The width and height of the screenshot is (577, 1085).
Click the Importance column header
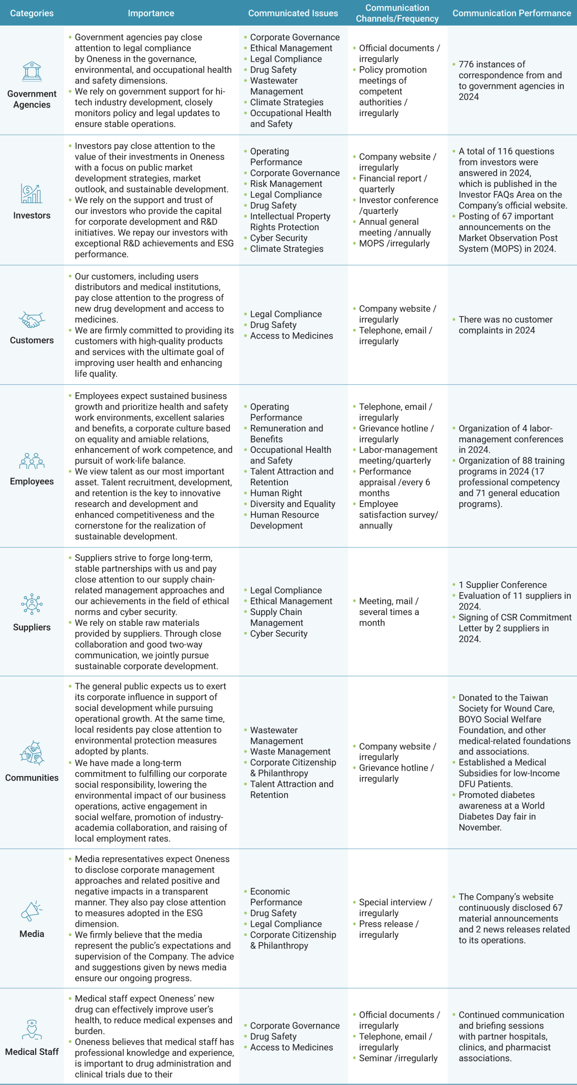[x=151, y=13]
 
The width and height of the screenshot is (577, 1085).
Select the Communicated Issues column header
[x=293, y=13]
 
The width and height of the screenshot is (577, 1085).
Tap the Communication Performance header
[x=511, y=13]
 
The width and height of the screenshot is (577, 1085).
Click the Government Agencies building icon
[x=32, y=72]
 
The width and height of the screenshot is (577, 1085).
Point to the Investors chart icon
[x=32, y=194]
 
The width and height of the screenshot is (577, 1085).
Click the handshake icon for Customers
[x=32, y=320]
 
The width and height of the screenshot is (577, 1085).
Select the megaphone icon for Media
[x=32, y=911]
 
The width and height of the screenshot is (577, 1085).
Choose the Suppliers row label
[x=32, y=627]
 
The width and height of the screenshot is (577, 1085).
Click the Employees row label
[x=32, y=481]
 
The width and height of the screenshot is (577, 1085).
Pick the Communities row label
[x=32, y=778]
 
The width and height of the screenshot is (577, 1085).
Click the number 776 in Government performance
[x=466, y=64]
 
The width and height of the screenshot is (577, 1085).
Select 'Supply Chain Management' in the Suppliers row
[x=276, y=618]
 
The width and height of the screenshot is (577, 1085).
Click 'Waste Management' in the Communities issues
[x=290, y=751]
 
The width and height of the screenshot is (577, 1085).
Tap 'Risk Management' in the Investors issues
[x=286, y=184]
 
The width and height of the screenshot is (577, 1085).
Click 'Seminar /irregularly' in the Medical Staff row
[x=398, y=1058]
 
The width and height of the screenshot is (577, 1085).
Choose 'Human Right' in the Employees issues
[x=276, y=493]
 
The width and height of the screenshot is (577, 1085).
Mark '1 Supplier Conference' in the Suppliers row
[x=502, y=585]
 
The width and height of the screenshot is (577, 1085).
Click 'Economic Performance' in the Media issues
[x=276, y=897]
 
